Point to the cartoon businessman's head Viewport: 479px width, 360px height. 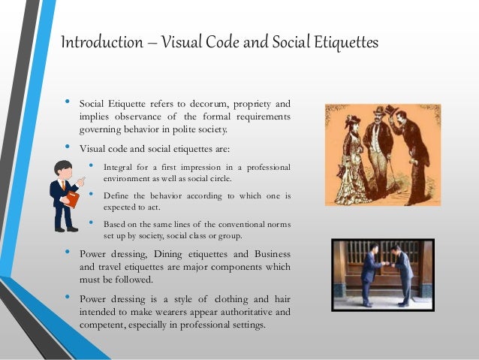65,171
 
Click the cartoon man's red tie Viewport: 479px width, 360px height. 64,189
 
